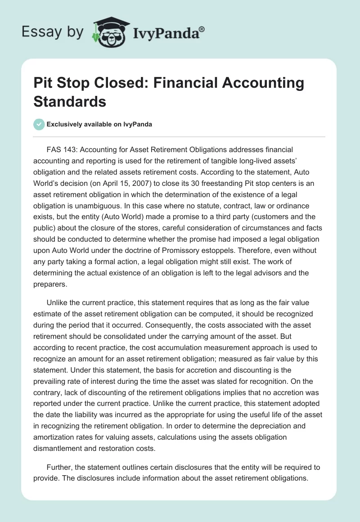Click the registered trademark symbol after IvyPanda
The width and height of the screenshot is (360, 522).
point(202,28)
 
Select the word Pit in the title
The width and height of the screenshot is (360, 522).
point(44,83)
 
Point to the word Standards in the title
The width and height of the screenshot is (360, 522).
point(70,101)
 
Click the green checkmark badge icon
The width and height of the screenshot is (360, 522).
point(39,124)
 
